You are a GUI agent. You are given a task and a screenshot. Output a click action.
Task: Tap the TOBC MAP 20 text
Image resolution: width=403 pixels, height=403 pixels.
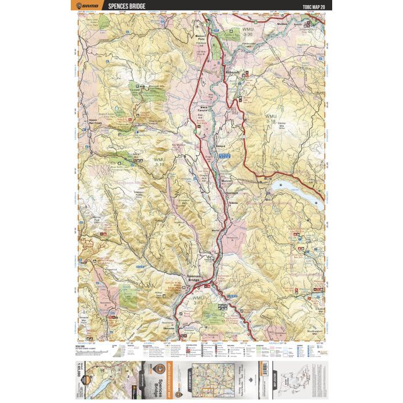coord(313,6)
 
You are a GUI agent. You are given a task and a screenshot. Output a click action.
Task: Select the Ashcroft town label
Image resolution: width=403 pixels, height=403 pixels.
coord(232,73)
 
